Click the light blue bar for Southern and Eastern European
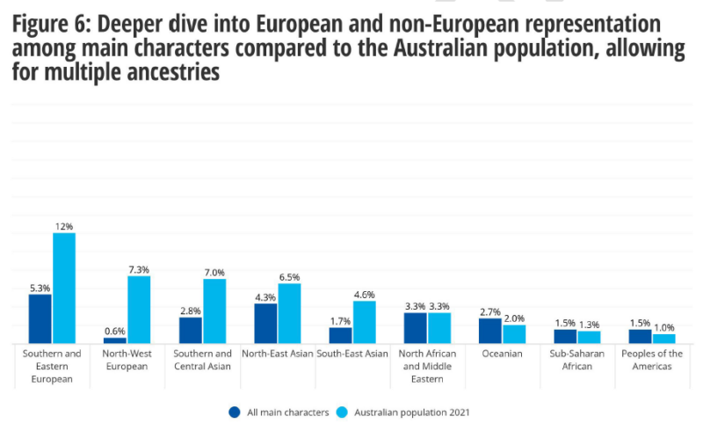click(64, 288)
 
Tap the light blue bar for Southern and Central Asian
click(214, 310)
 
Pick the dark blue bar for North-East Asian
click(265, 323)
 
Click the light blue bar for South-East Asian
click(364, 322)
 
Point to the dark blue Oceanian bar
click(490, 331)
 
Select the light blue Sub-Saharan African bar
click(589, 336)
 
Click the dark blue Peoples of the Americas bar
click(640, 336)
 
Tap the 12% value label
click(63, 226)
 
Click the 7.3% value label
click(139, 269)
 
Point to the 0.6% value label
click(114, 331)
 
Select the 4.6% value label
click(364, 295)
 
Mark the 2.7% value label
click(490, 311)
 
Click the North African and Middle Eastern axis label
click(427, 366)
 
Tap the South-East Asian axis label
click(352, 354)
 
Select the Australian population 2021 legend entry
click(404, 411)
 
